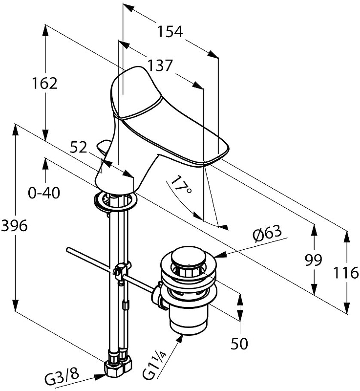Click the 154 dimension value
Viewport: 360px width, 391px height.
click(170, 32)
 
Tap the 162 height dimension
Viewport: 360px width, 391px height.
click(45, 84)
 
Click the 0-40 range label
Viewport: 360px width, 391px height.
click(44, 193)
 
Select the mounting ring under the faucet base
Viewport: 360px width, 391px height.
click(113, 201)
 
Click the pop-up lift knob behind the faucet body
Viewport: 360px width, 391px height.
click(104, 145)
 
